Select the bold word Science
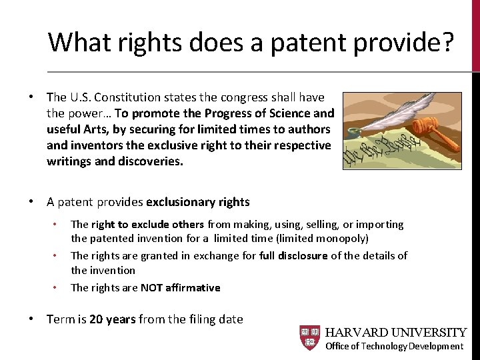click(x=286, y=113)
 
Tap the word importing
click(x=379, y=225)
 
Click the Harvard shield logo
click(x=309, y=338)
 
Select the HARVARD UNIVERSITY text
click(x=395, y=332)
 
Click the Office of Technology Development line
click(x=394, y=346)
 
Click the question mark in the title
click(x=445, y=42)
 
